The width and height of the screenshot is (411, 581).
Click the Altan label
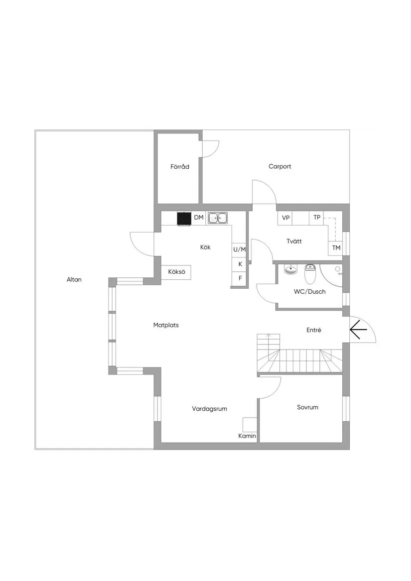point(74,280)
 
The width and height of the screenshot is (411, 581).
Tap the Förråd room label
point(179,167)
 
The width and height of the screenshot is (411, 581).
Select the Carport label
point(279,167)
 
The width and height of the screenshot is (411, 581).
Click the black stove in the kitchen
point(184,218)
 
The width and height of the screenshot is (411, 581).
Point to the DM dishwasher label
point(199,218)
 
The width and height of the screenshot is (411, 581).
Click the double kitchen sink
point(218,218)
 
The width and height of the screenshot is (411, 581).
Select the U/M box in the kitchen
point(240,249)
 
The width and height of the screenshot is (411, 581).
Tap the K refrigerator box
point(240,264)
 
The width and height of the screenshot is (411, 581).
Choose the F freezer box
point(240,278)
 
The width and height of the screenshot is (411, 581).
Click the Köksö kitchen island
point(177,272)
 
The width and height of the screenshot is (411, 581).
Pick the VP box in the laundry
point(285,218)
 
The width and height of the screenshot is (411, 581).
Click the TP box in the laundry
point(317,218)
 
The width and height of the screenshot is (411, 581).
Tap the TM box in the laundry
point(336,248)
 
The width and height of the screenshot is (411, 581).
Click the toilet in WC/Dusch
point(310,273)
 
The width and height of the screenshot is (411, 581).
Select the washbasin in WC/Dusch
point(290,270)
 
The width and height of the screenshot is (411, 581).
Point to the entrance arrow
point(358,330)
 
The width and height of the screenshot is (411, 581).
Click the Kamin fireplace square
point(249,424)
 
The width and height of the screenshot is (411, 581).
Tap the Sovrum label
point(307,407)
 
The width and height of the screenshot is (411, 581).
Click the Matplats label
point(166,325)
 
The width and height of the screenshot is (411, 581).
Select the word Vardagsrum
point(210,409)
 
